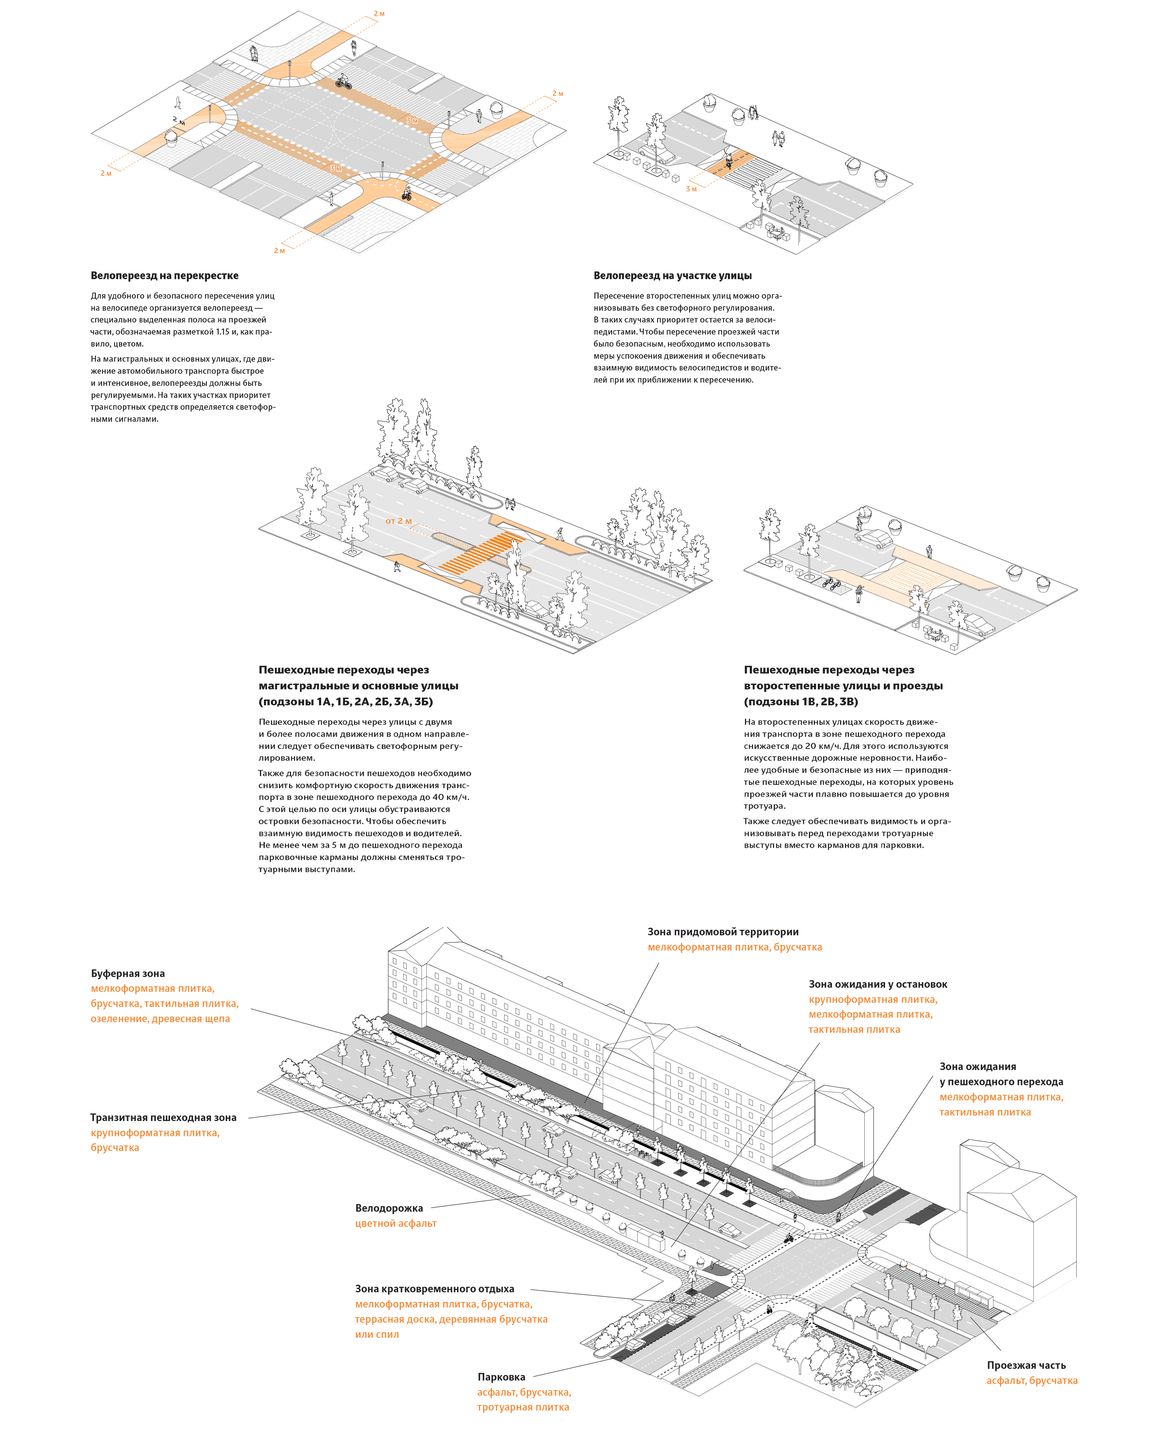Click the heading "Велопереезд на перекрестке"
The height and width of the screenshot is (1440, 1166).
coord(164,275)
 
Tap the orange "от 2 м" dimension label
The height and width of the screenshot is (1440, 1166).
coord(398,521)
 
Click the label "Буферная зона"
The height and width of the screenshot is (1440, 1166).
coord(128,973)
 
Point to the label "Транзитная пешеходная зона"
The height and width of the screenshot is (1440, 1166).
coord(163,1117)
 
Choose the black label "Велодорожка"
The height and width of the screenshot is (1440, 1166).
coord(389,1208)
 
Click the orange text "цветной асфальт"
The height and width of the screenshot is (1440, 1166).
coord(396,1223)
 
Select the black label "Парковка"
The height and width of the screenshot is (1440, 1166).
coord(501,1377)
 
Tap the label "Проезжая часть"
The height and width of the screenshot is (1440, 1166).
coord(1026,1365)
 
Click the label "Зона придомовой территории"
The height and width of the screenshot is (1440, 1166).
coord(723,932)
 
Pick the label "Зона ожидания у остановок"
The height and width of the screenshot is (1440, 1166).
coord(877,984)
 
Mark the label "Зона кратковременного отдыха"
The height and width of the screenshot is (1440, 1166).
coord(434,1288)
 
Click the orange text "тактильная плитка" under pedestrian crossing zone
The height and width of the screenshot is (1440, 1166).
coord(985,1112)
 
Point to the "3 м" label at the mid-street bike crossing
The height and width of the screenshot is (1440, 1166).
coord(691,189)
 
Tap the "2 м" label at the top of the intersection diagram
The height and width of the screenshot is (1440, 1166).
coord(379,13)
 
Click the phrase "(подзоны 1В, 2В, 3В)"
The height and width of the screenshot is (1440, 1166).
coord(801,701)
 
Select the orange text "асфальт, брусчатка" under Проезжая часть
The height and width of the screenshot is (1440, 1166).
coord(1032,1380)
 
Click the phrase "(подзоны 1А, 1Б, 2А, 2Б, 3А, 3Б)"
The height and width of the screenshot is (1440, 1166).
coord(345,701)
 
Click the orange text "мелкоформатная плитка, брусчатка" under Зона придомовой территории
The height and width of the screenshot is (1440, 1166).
coord(734,947)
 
